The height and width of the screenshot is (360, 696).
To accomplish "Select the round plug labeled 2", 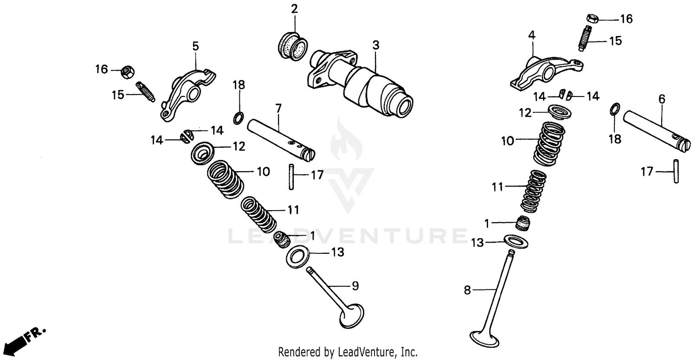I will point(293,45).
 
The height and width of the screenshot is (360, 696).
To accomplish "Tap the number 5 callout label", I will point(195,46).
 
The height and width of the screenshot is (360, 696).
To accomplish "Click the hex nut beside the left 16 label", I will point(126,71).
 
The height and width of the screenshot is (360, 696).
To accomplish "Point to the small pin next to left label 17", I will point(290,176).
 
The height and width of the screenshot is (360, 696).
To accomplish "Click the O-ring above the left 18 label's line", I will point(238,117).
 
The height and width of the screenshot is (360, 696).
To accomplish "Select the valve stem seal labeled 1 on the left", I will point(282,239).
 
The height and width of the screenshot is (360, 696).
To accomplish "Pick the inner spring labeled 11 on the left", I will point(258,215).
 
